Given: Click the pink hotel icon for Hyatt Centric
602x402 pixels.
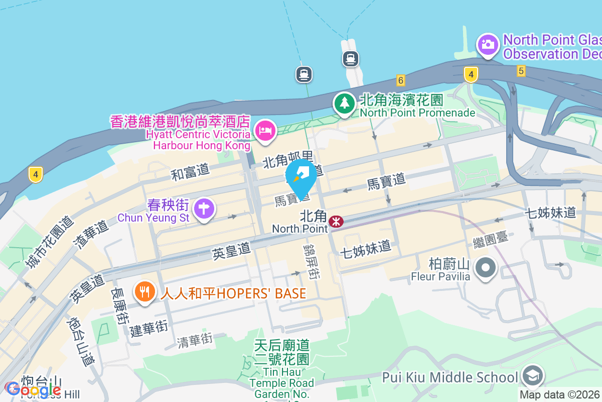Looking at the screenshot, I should point(264,131).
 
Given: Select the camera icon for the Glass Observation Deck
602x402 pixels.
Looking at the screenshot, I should point(487,45).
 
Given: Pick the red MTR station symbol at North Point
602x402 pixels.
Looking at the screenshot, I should point(336,221).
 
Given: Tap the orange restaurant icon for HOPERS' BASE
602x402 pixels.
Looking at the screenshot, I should point(145,292).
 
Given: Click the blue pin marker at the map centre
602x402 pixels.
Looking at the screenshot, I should point(301,177).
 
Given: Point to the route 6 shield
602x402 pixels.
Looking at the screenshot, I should point(400,80).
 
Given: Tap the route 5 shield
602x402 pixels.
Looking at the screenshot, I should point(521,71).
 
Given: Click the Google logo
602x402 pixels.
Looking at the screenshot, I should point(33,389).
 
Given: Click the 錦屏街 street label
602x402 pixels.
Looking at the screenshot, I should point(312,261).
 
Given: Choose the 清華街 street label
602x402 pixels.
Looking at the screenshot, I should point(195,340).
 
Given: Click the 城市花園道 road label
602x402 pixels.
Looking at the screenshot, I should point(49,242).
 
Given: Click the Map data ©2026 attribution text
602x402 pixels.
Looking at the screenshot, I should point(560,395).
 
